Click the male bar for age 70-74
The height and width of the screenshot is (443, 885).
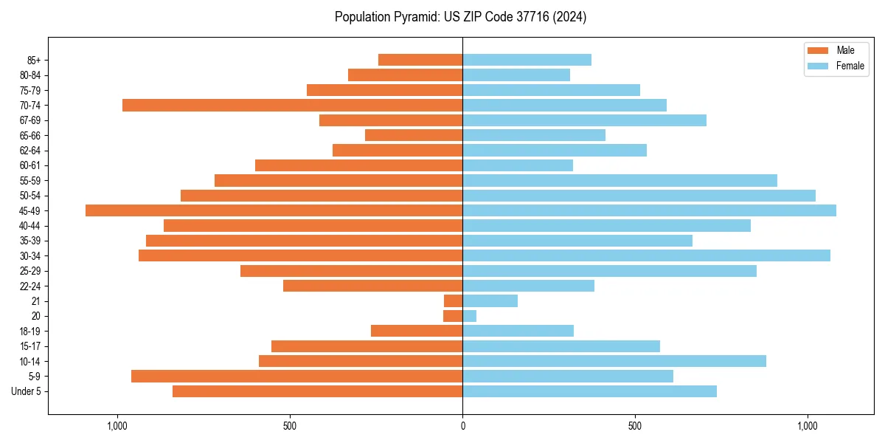click(292, 106)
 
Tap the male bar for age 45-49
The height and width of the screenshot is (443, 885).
click(274, 210)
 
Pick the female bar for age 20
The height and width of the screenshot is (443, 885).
click(469, 316)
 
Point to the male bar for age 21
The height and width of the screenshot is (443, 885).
click(453, 301)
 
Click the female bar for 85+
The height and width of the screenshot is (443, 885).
click(527, 60)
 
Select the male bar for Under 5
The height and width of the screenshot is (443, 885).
click(317, 391)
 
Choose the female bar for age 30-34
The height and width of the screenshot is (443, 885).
click(646, 255)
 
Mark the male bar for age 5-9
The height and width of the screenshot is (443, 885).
click(296, 377)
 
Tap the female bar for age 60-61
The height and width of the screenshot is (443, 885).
click(518, 165)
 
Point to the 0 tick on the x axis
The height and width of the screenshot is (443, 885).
click(462, 426)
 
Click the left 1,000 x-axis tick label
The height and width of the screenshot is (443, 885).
click(117, 426)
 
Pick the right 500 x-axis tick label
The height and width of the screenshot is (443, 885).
click(635, 426)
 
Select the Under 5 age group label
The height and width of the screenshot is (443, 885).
click(26, 391)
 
